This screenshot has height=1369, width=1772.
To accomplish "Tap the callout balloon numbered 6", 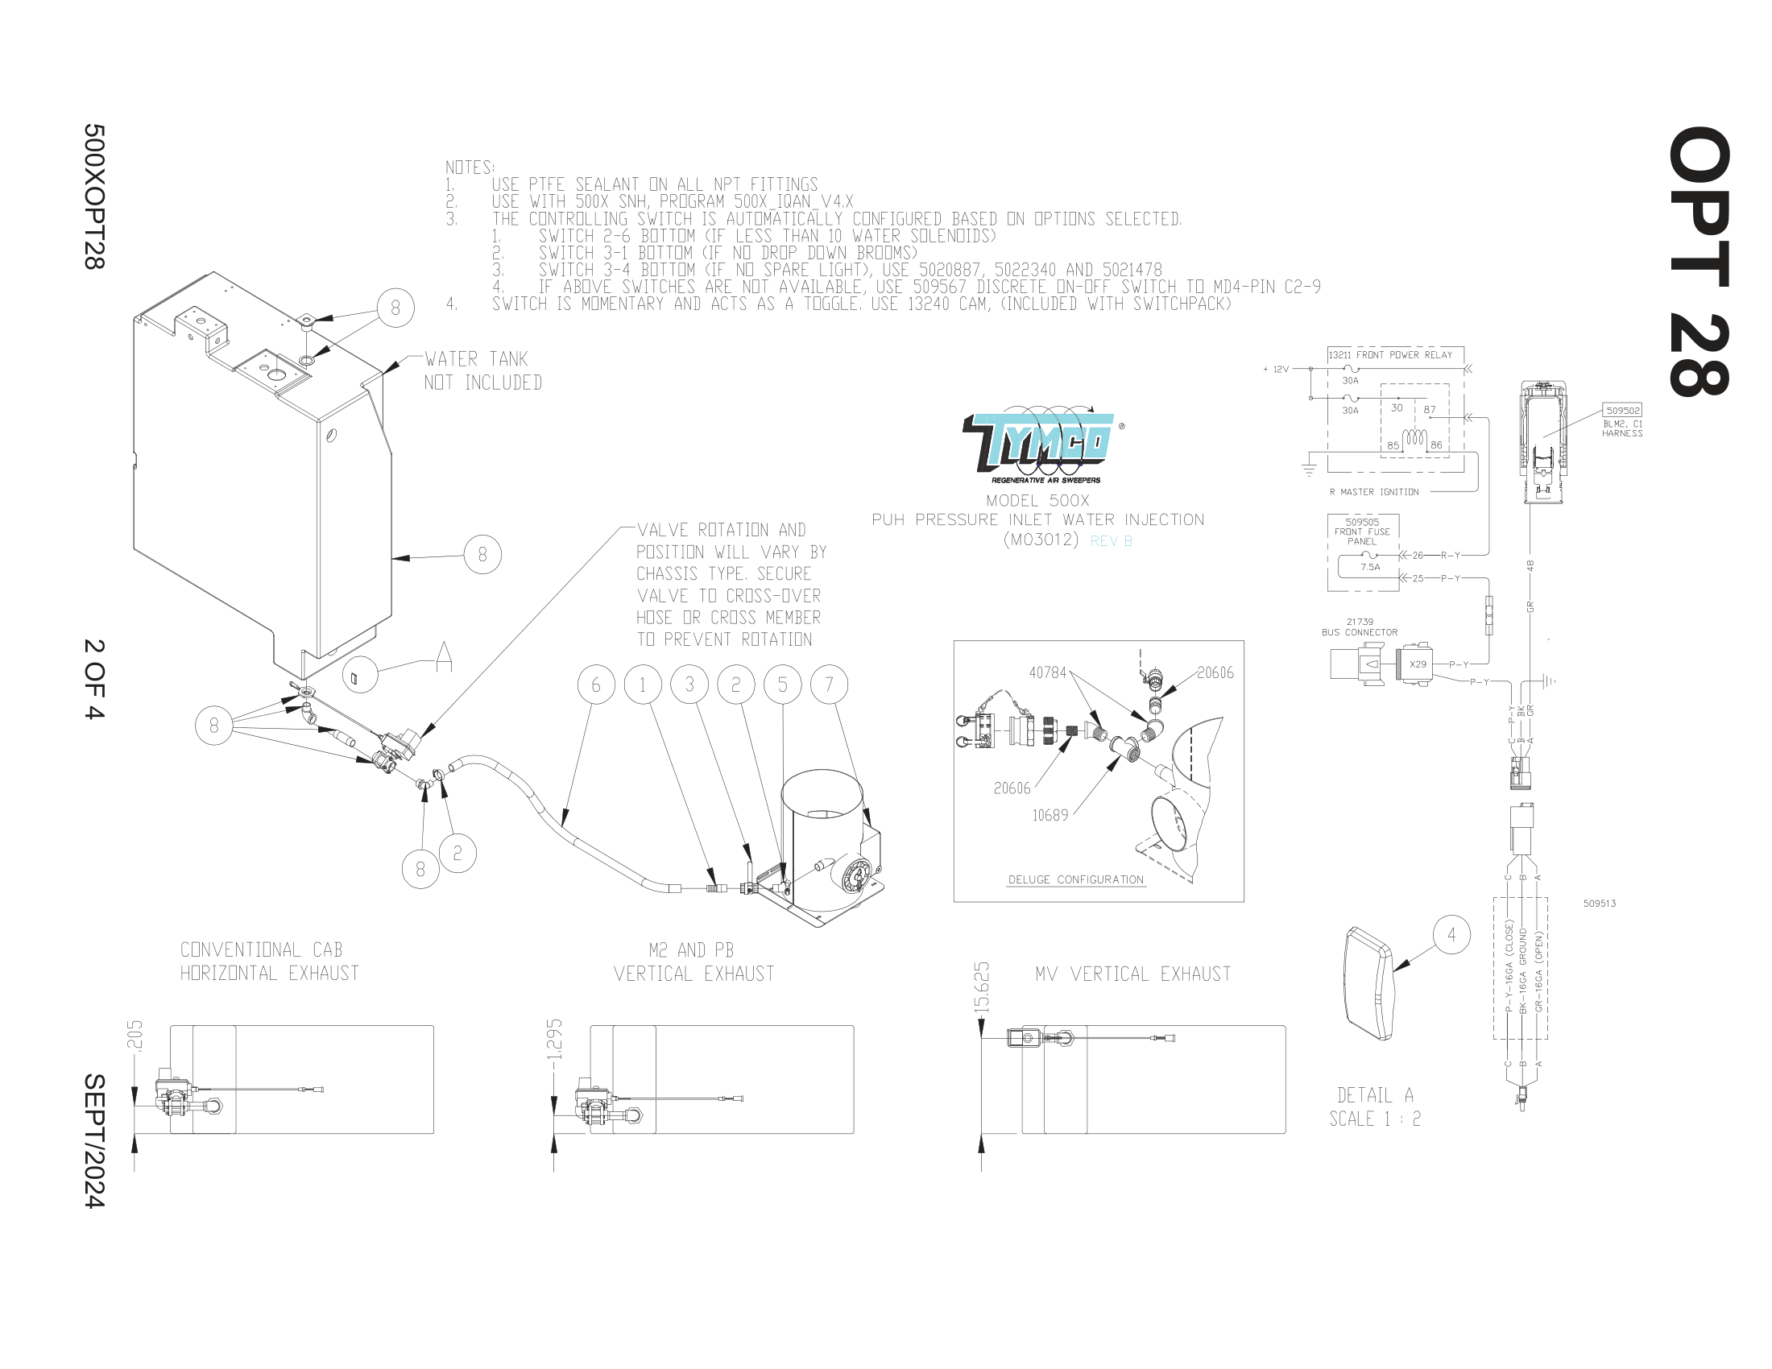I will point(596,685).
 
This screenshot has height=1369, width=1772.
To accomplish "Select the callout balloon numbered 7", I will point(829,685).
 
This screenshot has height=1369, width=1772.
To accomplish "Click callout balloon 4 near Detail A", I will point(1451,935).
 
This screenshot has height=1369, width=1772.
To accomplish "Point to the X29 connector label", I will point(1418,664).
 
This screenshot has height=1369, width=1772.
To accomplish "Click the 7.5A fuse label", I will point(1370,567).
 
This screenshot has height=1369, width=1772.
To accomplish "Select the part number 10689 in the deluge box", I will point(1050,815).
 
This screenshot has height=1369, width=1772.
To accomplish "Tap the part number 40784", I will point(1047,672).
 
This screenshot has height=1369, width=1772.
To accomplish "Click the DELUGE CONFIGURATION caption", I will point(1076,880).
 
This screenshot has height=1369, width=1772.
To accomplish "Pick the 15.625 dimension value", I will point(982,986).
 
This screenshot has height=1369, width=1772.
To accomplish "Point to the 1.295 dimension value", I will point(555,1039).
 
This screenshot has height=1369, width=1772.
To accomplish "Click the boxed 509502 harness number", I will point(1623,411).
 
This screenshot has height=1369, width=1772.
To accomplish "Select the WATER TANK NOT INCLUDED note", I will point(482,370).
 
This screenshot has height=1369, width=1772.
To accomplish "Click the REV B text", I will point(1111,541).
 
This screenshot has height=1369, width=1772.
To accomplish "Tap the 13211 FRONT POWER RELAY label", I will point(1391,355).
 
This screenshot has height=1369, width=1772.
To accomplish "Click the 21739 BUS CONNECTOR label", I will point(1360,627).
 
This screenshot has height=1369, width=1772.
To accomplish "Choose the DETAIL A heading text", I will point(1375,1095).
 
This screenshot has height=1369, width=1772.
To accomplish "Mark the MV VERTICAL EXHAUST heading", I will point(1132,974).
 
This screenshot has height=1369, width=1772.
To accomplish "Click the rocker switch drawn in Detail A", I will point(1368,984).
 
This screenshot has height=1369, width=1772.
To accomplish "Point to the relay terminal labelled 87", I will point(1430,410).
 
